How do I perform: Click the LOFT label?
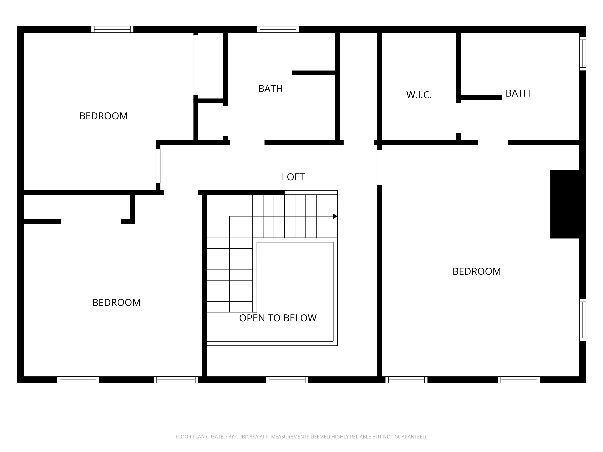coord(293,177)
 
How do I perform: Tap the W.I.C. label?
coord(419,95)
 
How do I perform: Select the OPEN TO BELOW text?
coord(278,318)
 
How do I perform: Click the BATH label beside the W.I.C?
coord(518,93)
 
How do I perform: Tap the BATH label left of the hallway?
coord(270,89)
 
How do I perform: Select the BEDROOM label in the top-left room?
coord(103,116)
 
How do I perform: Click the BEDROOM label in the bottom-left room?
coord(116,302)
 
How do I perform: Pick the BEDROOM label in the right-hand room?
coord(477,271)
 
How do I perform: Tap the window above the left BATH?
coord(278,29)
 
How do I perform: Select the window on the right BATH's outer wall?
coord(582,53)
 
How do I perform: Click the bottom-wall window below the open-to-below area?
coord(287,380)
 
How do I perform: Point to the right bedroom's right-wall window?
coord(582,320)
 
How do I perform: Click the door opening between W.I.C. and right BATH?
coord(458,118)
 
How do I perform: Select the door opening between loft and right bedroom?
coord(379,167)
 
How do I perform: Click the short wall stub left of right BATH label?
coord(481,98)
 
